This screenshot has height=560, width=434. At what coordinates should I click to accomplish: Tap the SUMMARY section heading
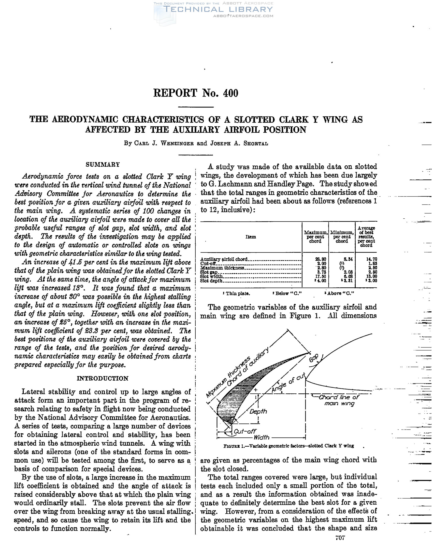[x=103, y=164]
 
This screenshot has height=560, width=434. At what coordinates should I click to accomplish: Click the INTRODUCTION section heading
[x=103, y=378]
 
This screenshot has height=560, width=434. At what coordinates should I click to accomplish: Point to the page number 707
[x=340, y=538]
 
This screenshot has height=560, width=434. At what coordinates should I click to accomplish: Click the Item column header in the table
[x=250, y=237]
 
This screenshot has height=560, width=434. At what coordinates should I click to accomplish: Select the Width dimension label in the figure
[x=261, y=437]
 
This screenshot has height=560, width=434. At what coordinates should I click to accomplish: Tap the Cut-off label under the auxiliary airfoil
[x=244, y=431]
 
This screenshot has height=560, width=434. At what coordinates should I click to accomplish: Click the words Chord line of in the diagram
[x=339, y=397]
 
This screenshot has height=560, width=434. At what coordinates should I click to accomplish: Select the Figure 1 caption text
[x=288, y=446]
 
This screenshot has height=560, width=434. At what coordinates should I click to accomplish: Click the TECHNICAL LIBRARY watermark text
[x=218, y=9]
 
